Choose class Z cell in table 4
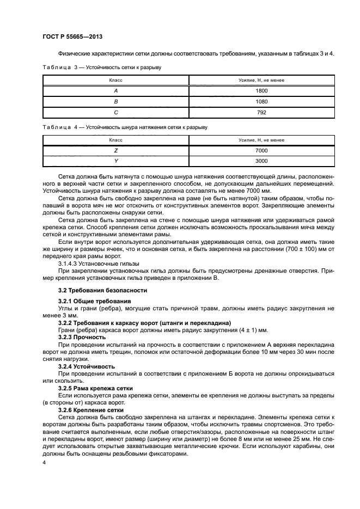(x=115, y=150)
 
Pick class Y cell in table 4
(x=115, y=161)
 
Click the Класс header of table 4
(x=115, y=140)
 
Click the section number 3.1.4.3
(x=69, y=262)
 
